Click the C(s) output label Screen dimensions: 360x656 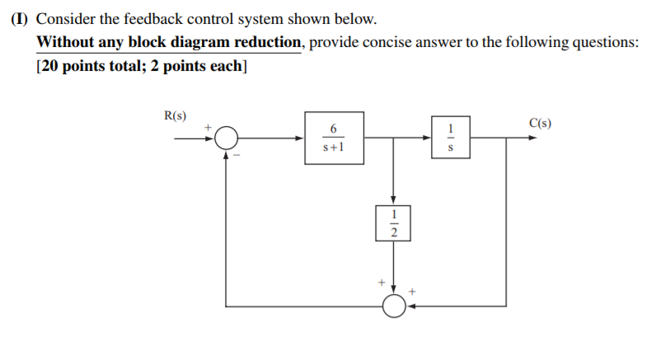(539, 124)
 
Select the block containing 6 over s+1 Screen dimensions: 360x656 (334, 138)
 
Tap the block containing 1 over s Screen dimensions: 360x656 (449, 138)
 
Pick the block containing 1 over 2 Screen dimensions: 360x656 (393, 223)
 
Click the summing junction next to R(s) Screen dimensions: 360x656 (227, 138)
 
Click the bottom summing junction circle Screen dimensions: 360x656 (394, 306)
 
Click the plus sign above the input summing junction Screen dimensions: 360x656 (209, 126)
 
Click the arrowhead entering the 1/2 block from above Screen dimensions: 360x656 (393, 199)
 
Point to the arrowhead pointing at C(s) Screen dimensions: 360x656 (532, 138)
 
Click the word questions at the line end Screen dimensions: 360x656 (606, 42)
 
